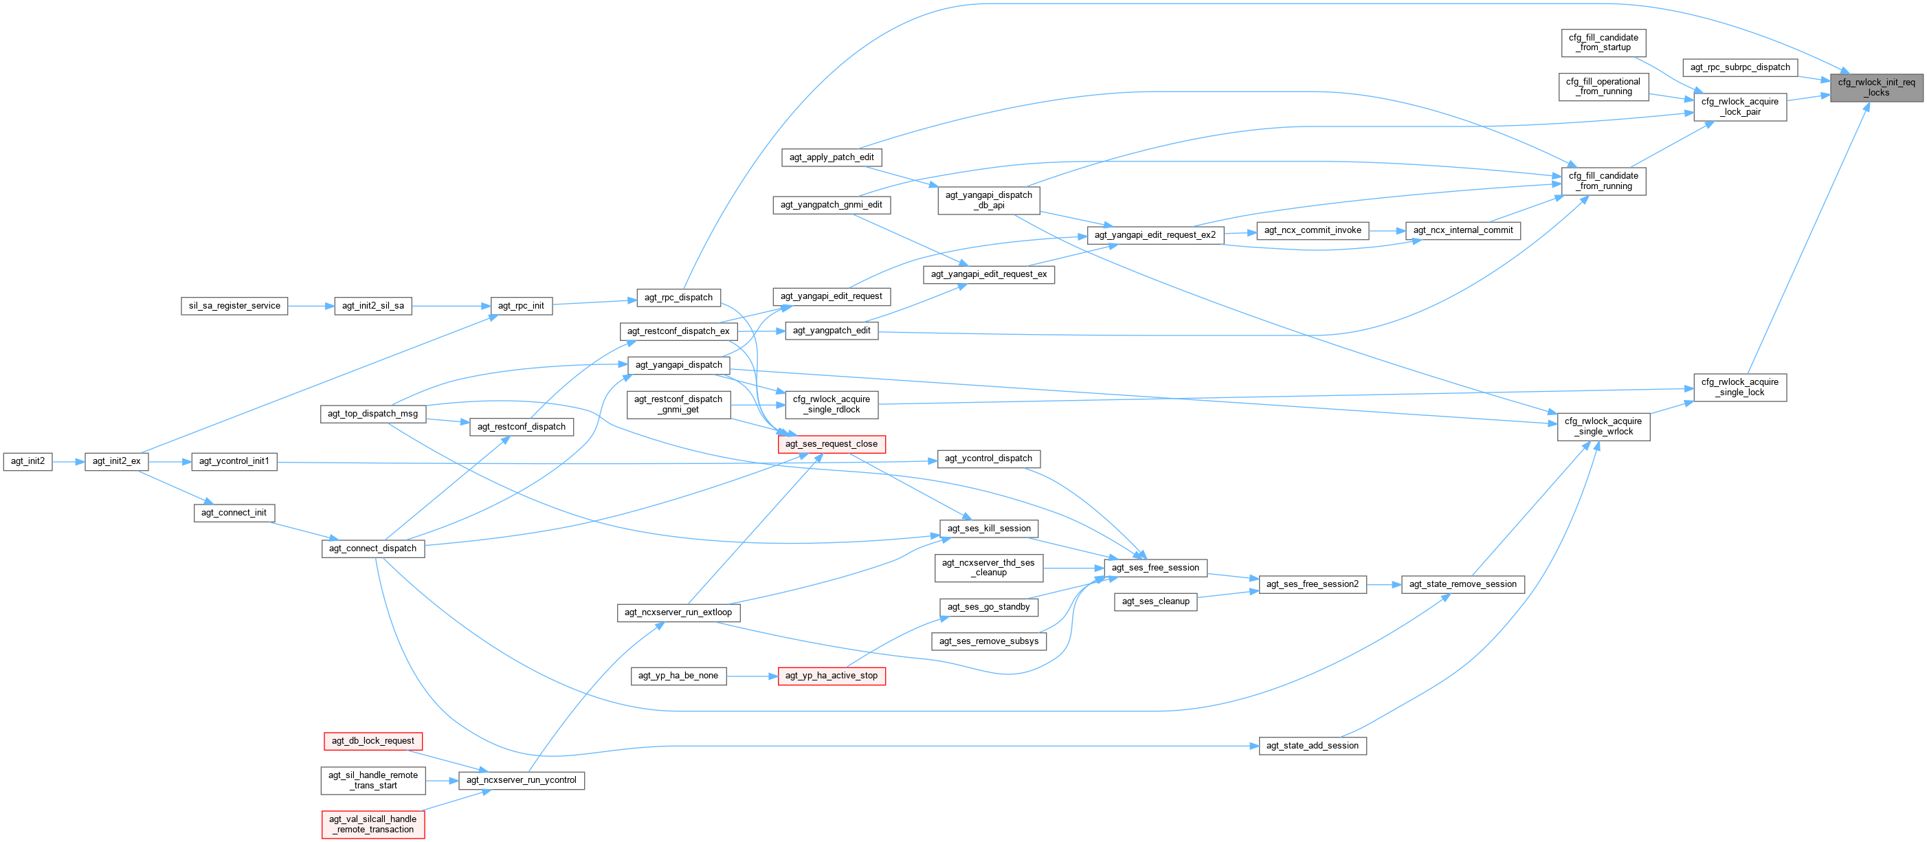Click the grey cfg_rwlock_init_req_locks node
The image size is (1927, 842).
1876,87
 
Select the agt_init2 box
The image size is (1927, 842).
27,461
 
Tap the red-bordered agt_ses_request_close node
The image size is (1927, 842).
831,444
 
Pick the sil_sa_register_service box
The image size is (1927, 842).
234,305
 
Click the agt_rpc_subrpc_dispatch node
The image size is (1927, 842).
1740,67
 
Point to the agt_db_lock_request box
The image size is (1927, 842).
372,741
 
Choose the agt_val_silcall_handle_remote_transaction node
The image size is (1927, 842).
372,824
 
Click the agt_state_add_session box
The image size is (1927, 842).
1312,746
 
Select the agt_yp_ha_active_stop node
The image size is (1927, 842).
831,676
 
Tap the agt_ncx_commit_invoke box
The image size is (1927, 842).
1312,230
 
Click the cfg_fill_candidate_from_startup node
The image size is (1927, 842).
1603,43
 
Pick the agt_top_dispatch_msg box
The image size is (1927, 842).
372,414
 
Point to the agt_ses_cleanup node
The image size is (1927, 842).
1155,601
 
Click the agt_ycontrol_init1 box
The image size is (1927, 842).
234,461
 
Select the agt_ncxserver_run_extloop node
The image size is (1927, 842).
678,612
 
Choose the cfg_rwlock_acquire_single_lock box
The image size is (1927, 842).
1739,387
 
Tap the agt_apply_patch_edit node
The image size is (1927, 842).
831,157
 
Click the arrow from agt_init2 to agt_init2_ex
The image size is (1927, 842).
68,462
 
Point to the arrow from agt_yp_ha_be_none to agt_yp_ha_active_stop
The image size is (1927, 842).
752,676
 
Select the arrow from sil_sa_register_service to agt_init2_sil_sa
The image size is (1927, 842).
311,305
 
